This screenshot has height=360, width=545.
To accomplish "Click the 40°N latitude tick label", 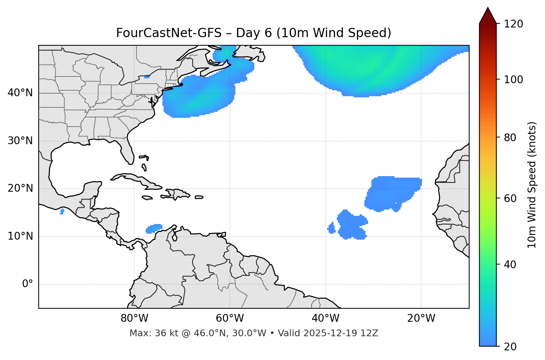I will tap(20, 93).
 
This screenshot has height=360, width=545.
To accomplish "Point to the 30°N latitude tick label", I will tap(20, 141).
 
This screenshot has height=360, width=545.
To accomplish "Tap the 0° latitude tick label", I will tap(28, 284).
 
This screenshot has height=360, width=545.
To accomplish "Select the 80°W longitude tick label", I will tap(134, 318).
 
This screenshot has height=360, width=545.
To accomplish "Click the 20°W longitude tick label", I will tap(421, 318).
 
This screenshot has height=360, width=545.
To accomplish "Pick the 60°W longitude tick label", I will tap(230, 318).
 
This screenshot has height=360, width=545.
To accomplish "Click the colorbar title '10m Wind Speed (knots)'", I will tap(532, 185).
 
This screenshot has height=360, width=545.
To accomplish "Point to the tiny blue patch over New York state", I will tap(147, 77).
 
